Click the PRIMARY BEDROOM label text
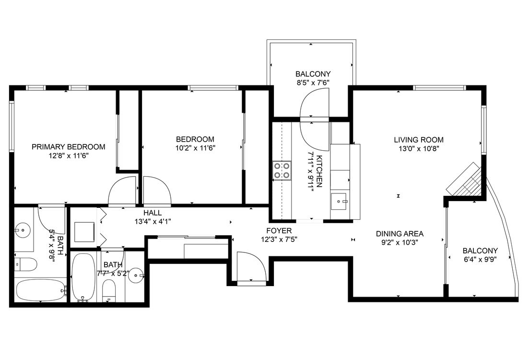pyautogui.click(x=68, y=147)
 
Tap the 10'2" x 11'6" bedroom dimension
pyautogui.click(x=195, y=148)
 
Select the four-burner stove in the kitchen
pyautogui.click(x=282, y=170)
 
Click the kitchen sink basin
pyautogui.click(x=341, y=201)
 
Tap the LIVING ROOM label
pyautogui.click(x=418, y=140)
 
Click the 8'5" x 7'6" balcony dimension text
pyautogui.click(x=313, y=83)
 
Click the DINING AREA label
pyautogui.click(x=400, y=234)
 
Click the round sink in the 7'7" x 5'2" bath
pyautogui.click(x=136, y=276)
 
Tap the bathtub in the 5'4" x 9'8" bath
pyautogui.click(x=40, y=290)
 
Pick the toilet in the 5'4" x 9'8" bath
pyautogui.click(x=25, y=264)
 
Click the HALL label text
pyautogui.click(x=152, y=213)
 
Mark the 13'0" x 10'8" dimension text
pyautogui.click(x=418, y=148)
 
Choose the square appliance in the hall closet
pyautogui.click(x=84, y=232)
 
